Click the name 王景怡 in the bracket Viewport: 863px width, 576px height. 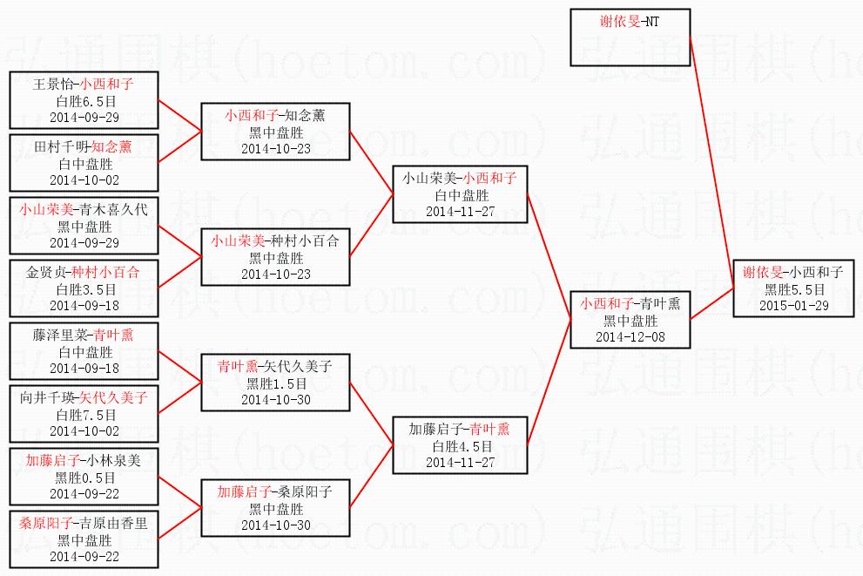(x=54, y=85)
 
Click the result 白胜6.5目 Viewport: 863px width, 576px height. (x=84, y=101)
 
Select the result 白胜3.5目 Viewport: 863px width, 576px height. (x=84, y=289)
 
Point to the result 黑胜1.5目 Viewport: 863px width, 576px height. (x=276, y=383)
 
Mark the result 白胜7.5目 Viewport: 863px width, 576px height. (x=84, y=415)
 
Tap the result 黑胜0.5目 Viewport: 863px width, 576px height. (x=84, y=478)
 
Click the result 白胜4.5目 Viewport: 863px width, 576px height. (x=459, y=446)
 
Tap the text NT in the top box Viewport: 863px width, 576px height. (x=653, y=22)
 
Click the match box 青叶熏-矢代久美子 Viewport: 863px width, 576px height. (x=276, y=383)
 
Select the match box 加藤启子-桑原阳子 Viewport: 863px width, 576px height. (x=276, y=508)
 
